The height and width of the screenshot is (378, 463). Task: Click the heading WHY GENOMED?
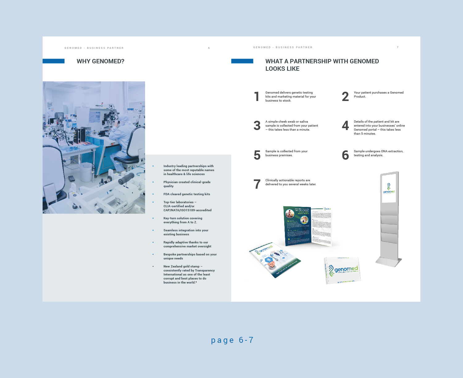(100, 61)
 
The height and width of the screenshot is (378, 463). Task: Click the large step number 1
(257, 97)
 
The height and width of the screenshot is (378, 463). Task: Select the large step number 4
(345, 126)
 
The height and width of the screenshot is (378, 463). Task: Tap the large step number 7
(257, 184)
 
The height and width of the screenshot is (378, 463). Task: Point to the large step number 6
(345, 155)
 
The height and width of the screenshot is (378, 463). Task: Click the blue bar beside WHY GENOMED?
(53, 61)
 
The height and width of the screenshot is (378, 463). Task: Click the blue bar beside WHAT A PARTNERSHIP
(242, 61)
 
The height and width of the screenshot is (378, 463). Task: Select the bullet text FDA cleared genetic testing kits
(186, 194)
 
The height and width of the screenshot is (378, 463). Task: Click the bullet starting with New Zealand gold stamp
(189, 274)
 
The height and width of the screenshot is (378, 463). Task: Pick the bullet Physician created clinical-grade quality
(187, 184)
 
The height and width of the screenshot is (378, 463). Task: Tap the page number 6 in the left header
(209, 48)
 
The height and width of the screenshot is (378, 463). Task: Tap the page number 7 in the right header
(398, 47)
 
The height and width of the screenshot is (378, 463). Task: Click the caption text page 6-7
(232, 340)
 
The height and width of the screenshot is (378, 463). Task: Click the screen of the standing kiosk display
(389, 188)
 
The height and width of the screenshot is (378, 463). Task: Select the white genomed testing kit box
(342, 270)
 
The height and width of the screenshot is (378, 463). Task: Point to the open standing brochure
(307, 226)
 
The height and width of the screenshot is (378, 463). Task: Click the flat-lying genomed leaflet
(274, 259)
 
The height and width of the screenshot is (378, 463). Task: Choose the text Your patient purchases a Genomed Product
(378, 94)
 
